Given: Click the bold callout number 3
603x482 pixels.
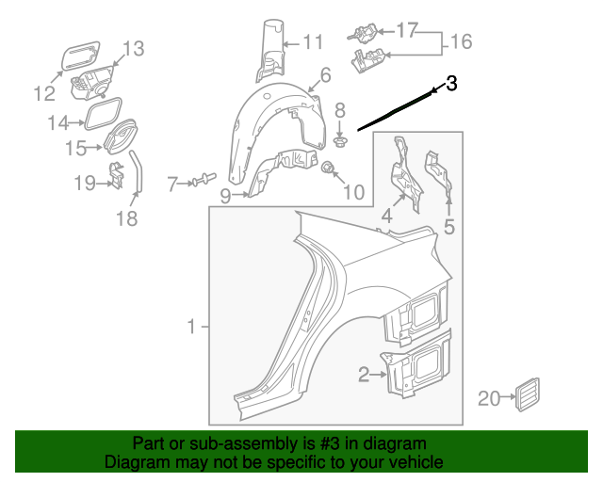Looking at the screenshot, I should (x=451, y=84).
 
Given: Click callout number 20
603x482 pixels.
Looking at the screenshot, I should (x=488, y=399).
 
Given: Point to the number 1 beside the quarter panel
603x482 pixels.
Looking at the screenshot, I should (x=191, y=327).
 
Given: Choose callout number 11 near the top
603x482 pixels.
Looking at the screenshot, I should (x=313, y=41).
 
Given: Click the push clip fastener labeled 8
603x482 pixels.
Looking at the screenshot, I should (x=340, y=142).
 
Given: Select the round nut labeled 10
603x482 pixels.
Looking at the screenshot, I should (x=329, y=170).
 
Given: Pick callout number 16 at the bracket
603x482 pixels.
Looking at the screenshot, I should (x=461, y=42).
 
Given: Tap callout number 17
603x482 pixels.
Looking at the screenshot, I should (x=406, y=31).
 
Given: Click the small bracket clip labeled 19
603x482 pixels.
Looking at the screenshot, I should (x=115, y=175).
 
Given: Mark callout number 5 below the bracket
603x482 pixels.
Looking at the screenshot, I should (x=449, y=226).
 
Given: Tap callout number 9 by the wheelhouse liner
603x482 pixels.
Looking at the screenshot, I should (x=225, y=196).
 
